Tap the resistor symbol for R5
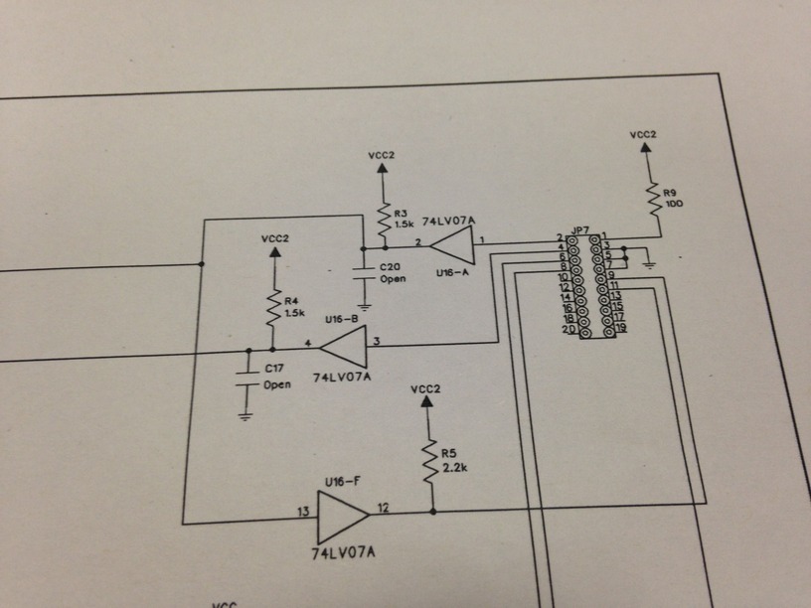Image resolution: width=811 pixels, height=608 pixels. tap(430, 462)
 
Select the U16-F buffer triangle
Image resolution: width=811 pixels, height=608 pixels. tap(341, 513)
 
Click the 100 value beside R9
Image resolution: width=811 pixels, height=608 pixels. tap(675, 204)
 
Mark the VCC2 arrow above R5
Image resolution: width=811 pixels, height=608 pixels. tap(427, 400)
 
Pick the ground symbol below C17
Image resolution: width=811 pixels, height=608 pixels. tap(245, 415)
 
